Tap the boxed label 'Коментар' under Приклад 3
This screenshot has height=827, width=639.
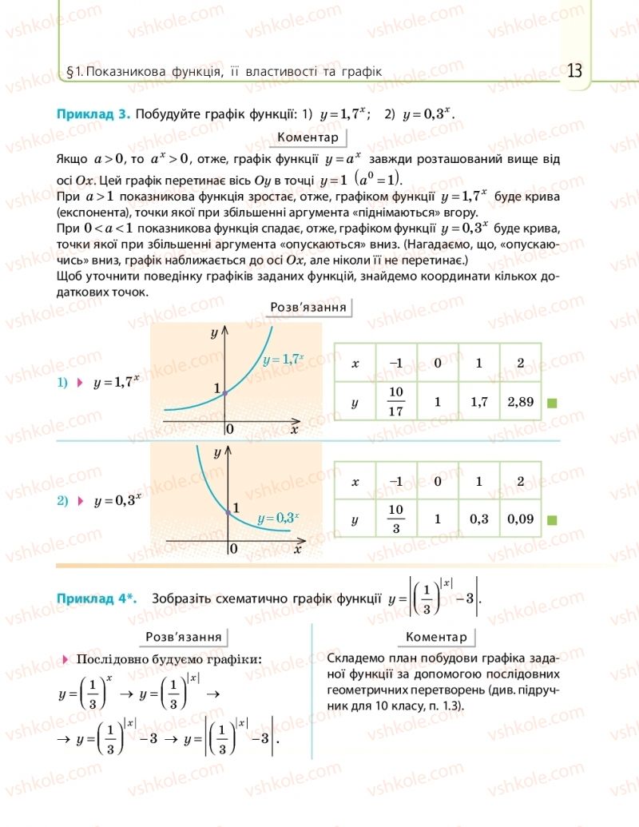pyautogui.click(x=308, y=137)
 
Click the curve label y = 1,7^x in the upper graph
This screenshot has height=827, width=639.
pyautogui.click(x=284, y=360)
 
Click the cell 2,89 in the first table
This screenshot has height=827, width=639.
pyautogui.click(x=520, y=402)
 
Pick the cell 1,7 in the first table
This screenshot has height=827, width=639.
pyautogui.click(x=479, y=402)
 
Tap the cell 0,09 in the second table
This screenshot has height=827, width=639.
pyautogui.click(x=520, y=520)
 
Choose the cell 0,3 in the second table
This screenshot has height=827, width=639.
pyautogui.click(x=479, y=520)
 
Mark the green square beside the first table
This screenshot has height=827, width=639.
pyautogui.click(x=552, y=403)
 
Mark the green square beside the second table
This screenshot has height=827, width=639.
pyautogui.click(x=552, y=520)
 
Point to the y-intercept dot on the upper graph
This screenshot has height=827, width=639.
pyautogui.click(x=225, y=392)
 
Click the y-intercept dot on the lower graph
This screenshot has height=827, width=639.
pyautogui.click(x=228, y=513)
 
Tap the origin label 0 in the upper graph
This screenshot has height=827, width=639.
pyautogui.click(x=230, y=429)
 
